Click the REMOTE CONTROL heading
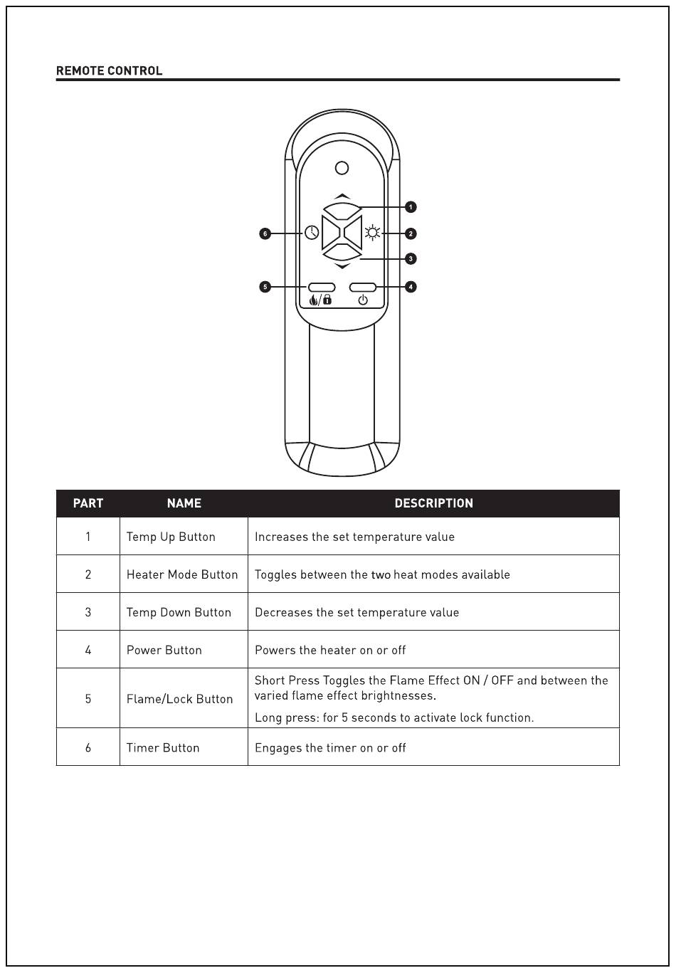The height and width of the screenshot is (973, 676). pyautogui.click(x=109, y=70)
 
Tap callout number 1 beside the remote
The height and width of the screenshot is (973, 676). pyautogui.click(x=411, y=207)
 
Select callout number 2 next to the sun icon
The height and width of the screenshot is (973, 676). pyautogui.click(x=411, y=233)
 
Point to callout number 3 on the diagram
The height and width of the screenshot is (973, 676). pyautogui.click(x=411, y=259)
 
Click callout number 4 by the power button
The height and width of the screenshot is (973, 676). pyautogui.click(x=411, y=287)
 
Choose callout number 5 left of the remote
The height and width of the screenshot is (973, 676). pyautogui.click(x=265, y=287)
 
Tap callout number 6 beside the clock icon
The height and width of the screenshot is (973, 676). pyautogui.click(x=265, y=233)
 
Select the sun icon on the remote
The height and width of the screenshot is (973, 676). pyautogui.click(x=372, y=233)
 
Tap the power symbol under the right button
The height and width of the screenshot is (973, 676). pyautogui.click(x=363, y=300)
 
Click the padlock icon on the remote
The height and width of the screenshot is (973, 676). pyautogui.click(x=327, y=300)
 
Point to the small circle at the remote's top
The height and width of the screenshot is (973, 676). pyautogui.click(x=342, y=168)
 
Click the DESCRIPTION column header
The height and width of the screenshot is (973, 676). pyautogui.click(x=433, y=503)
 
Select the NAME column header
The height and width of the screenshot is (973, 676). pyautogui.click(x=184, y=503)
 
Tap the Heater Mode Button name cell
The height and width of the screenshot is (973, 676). pyautogui.click(x=182, y=574)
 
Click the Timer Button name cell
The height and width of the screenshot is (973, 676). pyautogui.click(x=163, y=747)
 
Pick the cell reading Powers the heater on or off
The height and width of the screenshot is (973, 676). pyautogui.click(x=330, y=650)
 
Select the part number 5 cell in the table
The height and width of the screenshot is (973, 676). pyautogui.click(x=88, y=699)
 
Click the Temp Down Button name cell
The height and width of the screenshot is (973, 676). pyautogui.click(x=179, y=612)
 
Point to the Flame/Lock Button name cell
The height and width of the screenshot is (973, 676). pyautogui.click(x=179, y=699)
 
